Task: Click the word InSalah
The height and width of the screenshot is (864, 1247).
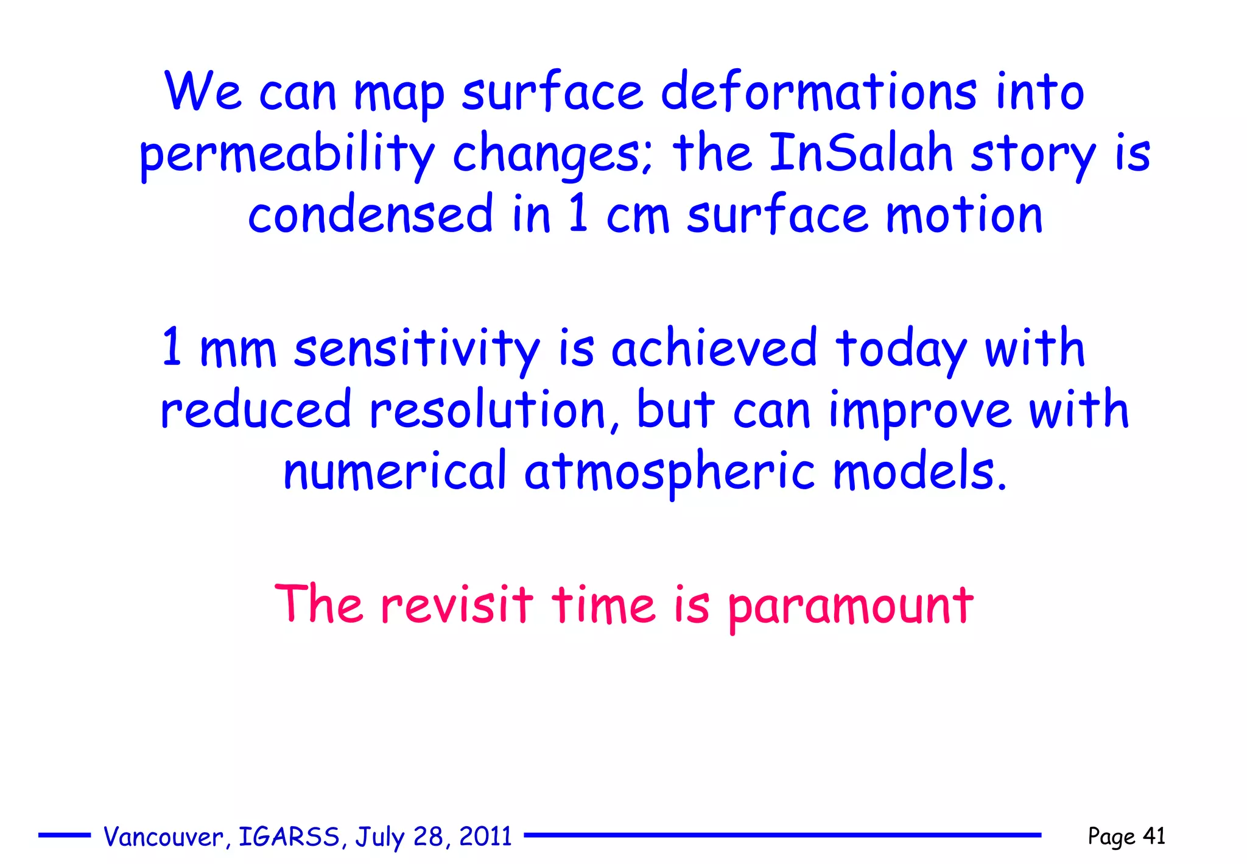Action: coord(861,153)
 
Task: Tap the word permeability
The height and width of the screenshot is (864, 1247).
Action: coord(287,155)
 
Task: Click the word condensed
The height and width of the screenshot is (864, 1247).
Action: coord(370,214)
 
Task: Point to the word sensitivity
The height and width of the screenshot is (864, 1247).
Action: coord(416,349)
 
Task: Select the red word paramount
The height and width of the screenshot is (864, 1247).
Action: coord(851,606)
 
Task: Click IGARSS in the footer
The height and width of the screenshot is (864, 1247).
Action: coord(289,837)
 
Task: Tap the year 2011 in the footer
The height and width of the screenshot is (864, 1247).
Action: coord(485,836)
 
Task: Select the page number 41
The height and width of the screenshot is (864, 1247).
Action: coord(1154,835)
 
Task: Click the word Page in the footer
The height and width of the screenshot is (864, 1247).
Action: coord(1111,837)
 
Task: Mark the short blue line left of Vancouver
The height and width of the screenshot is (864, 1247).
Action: coord(65,835)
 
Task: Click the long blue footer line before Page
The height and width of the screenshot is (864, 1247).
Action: coord(782,835)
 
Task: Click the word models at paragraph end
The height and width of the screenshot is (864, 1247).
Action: coord(918,472)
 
